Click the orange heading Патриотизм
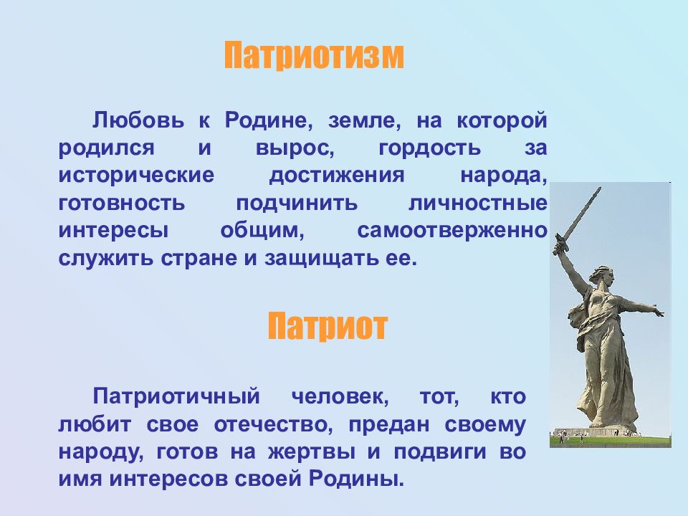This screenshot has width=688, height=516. pyautogui.click(x=314, y=56)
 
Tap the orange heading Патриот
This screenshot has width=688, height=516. pyautogui.click(x=328, y=327)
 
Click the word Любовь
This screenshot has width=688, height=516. pyautogui.click(x=138, y=120)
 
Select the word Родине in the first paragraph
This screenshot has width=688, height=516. pyautogui.click(x=269, y=120)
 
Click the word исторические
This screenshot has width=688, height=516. pyautogui.click(x=136, y=176)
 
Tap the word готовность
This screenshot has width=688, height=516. pyautogui.click(x=122, y=203)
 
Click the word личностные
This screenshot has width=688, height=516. pyautogui.click(x=478, y=203)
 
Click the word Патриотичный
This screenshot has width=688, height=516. pyautogui.click(x=176, y=396)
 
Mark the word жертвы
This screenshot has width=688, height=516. pyautogui.click(x=312, y=452)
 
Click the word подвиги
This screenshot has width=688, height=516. pyautogui.click(x=439, y=452)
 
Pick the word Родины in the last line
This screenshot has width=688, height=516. pyautogui.click(x=356, y=479)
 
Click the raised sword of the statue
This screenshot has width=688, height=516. pyautogui.click(x=576, y=221)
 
